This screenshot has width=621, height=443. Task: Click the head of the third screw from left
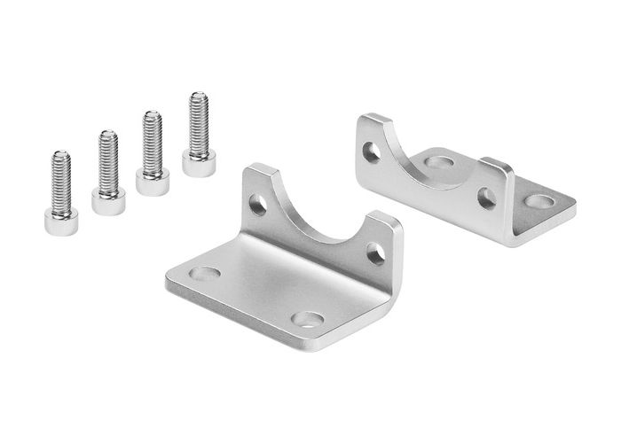pyautogui.click(x=153, y=182)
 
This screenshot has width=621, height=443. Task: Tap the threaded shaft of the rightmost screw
pyautogui.click(x=198, y=120)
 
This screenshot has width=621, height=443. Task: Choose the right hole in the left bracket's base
pyautogui.click(x=309, y=318)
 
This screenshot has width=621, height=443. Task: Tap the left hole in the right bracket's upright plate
pyautogui.click(x=372, y=152)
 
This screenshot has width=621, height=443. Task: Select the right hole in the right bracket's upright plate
pyautogui.click(x=486, y=198)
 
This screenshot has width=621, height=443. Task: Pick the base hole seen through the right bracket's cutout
pyautogui.click(x=437, y=163)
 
